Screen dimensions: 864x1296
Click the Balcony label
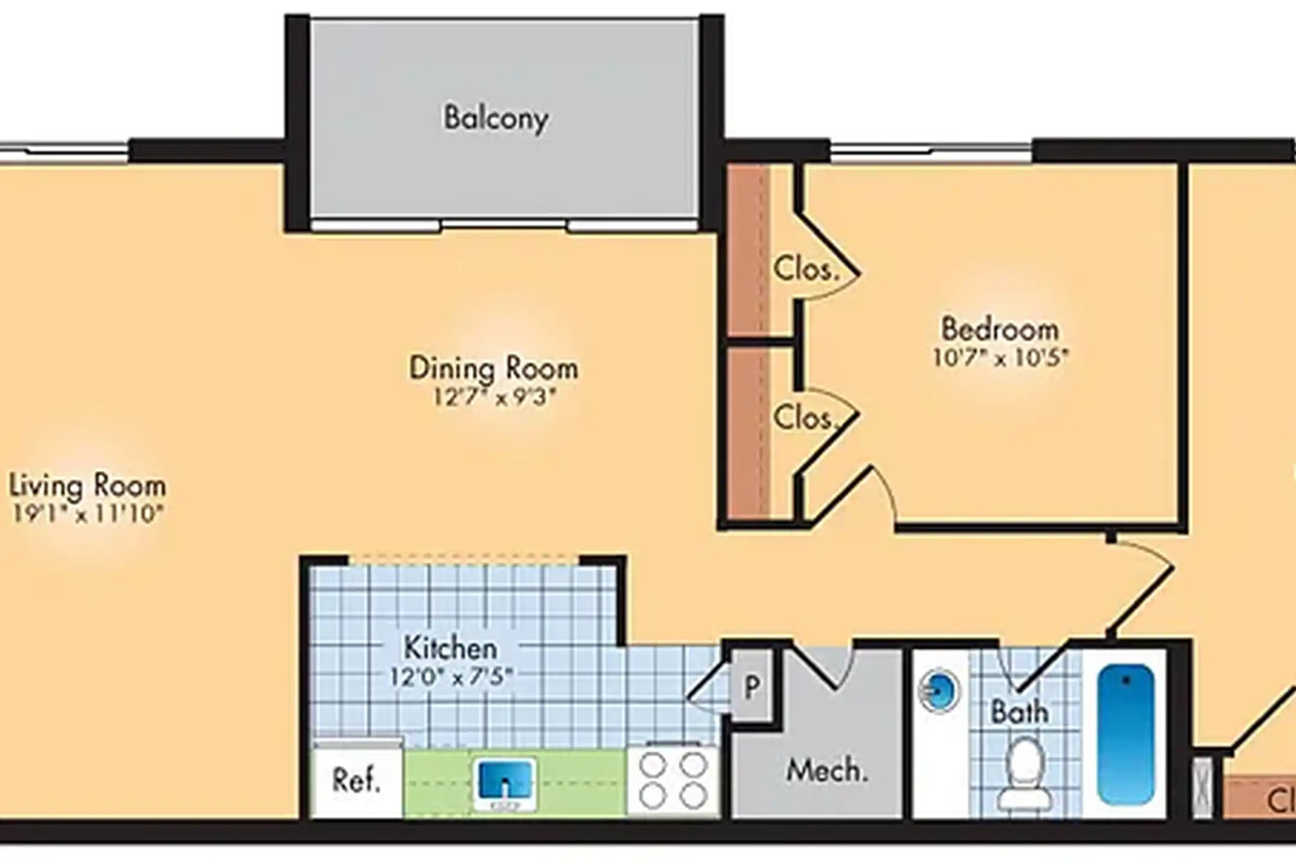[x=496, y=118]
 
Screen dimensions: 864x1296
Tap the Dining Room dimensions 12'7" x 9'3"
[x=495, y=397]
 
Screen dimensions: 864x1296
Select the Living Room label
[x=88, y=485]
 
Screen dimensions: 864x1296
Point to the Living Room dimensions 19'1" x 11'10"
[x=88, y=514]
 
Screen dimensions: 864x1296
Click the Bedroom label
[x=1000, y=329]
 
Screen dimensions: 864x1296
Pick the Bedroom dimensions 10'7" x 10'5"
[x=1000, y=358]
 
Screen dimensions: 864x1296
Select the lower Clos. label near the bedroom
[x=805, y=418]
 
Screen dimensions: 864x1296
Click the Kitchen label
[x=450, y=648]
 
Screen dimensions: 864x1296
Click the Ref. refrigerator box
[x=357, y=781]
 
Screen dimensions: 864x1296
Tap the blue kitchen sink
[x=505, y=784]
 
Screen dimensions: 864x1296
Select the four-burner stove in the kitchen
[x=673, y=781]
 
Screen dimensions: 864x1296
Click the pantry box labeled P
[x=752, y=686]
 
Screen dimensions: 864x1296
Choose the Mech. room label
[x=827, y=770]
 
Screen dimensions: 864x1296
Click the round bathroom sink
[x=939, y=692]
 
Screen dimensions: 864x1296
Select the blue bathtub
[x=1126, y=735]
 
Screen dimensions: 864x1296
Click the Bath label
[x=1019, y=712]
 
